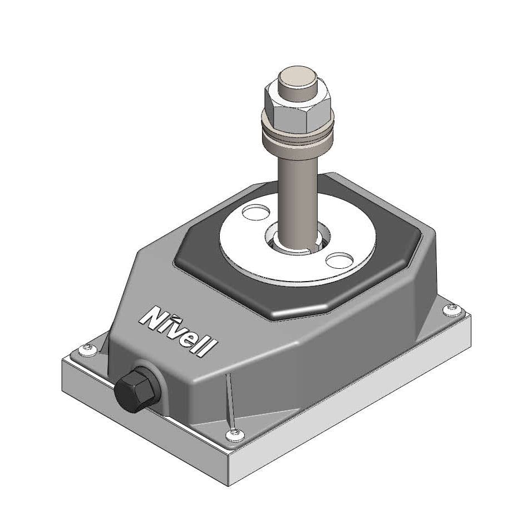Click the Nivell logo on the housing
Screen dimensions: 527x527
pyautogui.click(x=178, y=332)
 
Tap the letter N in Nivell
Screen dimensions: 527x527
pyautogui.click(x=151, y=317)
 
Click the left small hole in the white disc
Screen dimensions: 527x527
pyautogui.click(x=255, y=211)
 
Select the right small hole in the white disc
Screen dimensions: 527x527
pyautogui.click(x=339, y=260)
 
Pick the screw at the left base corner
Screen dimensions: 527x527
pyautogui.click(x=86, y=349)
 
